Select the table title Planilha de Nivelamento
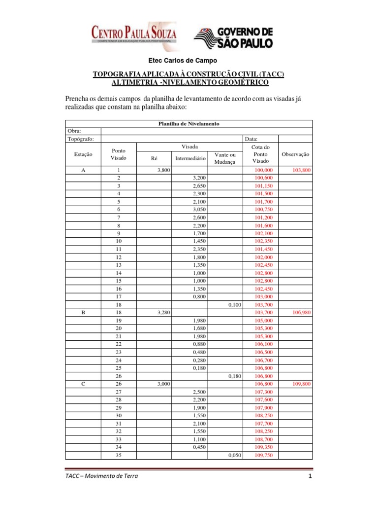[x=189, y=123]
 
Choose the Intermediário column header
[x=189, y=158]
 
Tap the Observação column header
[x=295, y=154]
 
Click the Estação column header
[x=83, y=154]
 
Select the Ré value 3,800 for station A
[x=163, y=170]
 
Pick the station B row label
[x=83, y=313]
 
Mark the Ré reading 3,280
[x=163, y=313]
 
